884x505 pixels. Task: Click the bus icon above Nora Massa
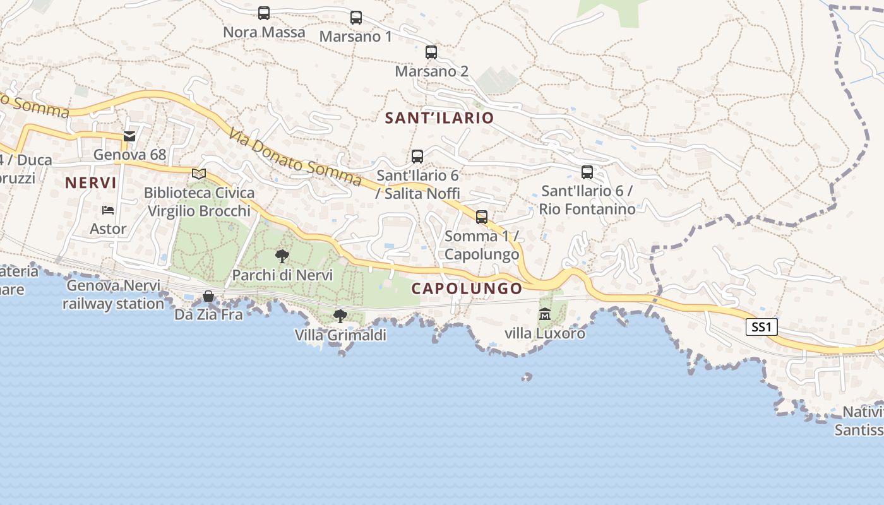(264, 13)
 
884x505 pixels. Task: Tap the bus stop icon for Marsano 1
(356, 18)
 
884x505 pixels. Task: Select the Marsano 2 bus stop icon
(431, 52)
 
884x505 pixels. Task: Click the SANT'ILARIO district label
(439, 118)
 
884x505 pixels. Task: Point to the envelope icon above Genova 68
(129, 136)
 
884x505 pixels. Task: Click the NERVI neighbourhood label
(91, 183)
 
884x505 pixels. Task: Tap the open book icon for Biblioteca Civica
(199, 174)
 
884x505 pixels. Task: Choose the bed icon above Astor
(108, 210)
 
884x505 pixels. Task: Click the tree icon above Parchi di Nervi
(282, 256)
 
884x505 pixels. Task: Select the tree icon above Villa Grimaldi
(340, 316)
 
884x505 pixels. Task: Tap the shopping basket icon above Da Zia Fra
(208, 296)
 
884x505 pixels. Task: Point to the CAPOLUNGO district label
(467, 289)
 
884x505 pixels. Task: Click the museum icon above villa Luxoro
(544, 314)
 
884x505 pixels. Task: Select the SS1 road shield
(762, 327)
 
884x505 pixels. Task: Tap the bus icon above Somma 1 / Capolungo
(482, 217)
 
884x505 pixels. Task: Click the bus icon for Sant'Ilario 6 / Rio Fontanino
(587, 172)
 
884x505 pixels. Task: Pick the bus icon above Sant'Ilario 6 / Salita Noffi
(417, 157)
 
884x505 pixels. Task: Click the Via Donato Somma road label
(295, 158)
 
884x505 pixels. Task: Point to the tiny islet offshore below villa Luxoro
(527, 377)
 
